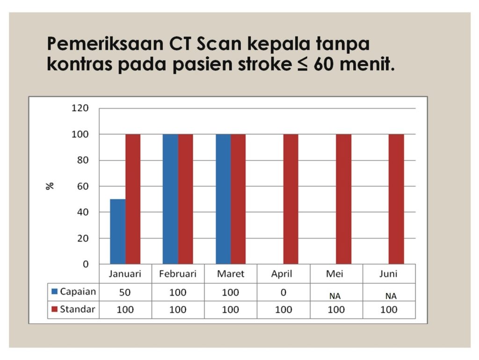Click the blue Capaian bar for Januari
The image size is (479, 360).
click(x=118, y=231)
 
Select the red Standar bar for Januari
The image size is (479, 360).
click(x=133, y=199)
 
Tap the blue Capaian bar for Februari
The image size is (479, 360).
click(x=171, y=199)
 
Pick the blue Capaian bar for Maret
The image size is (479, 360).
click(x=223, y=199)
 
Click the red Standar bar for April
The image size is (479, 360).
click(x=291, y=199)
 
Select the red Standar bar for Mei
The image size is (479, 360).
click(x=343, y=199)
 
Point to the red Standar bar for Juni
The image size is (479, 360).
click(x=396, y=199)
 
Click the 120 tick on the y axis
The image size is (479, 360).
click(x=80, y=108)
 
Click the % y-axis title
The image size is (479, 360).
click(x=50, y=186)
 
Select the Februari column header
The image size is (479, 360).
click(x=178, y=274)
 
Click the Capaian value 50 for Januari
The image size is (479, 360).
click(x=125, y=293)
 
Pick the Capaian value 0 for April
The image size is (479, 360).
click(x=283, y=293)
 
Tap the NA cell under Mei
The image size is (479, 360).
click(x=335, y=296)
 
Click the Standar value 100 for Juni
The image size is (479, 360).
click(x=388, y=310)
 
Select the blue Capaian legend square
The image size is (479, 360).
click(x=55, y=292)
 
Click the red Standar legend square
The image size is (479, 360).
click(x=55, y=309)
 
